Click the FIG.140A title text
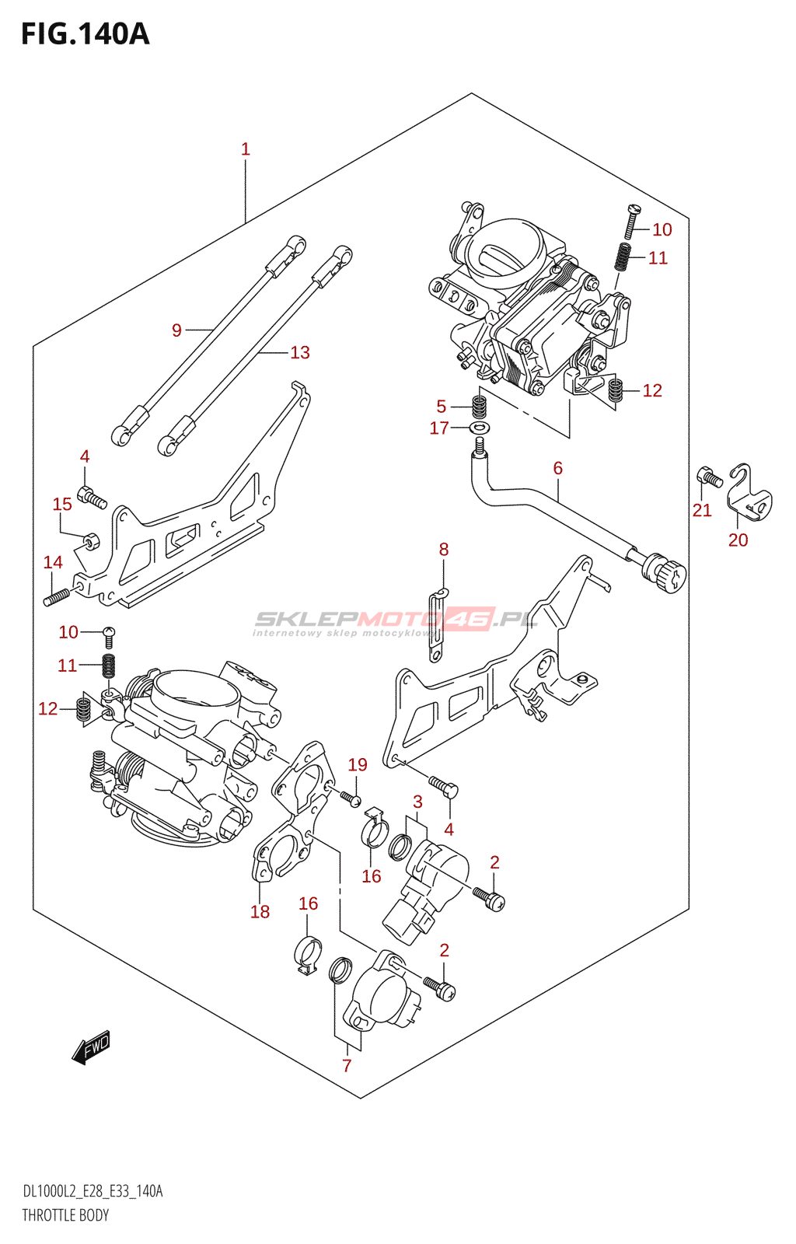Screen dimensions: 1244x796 (x=85, y=34)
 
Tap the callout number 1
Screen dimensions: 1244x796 (x=246, y=149)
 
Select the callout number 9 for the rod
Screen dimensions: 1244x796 (x=176, y=330)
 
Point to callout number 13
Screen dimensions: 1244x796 (x=300, y=353)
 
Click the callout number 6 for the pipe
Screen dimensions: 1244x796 (x=557, y=468)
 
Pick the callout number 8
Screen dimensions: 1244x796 (x=444, y=549)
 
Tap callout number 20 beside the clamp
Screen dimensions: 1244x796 (x=738, y=540)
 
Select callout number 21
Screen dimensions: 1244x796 (x=702, y=510)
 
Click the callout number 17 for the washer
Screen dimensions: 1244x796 (x=439, y=428)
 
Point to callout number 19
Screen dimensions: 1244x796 (x=358, y=765)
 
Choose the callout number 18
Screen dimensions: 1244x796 (x=260, y=912)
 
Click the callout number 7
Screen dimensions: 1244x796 (x=347, y=1066)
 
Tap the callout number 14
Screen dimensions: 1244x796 (x=53, y=562)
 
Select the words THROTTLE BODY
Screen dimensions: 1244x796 (x=65, y=1215)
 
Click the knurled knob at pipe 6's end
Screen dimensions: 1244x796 (x=665, y=575)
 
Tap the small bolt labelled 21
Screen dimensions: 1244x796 (x=710, y=476)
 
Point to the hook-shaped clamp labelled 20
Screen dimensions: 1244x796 (x=749, y=494)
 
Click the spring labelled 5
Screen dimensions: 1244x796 (x=480, y=406)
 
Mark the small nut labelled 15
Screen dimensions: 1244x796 (x=90, y=539)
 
